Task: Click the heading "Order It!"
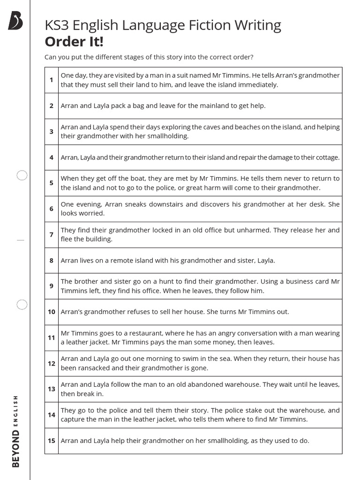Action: (x=74, y=42)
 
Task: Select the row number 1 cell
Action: (x=51, y=80)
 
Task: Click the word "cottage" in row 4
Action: (x=326, y=157)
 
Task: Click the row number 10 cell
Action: (x=51, y=312)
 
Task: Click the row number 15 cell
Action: (x=51, y=441)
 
